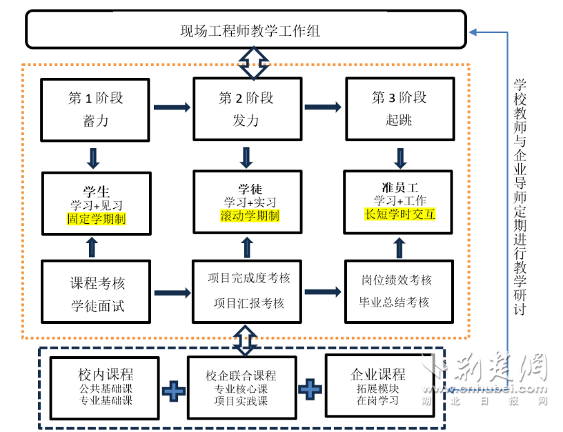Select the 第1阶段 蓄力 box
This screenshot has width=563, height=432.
[x=95, y=109]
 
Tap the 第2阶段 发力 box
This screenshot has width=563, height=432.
[x=246, y=109]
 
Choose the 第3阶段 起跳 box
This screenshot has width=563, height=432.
[x=399, y=109]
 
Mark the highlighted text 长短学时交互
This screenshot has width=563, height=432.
[x=400, y=214]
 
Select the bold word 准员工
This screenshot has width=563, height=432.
[x=400, y=187]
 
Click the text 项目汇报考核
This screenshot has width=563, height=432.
[x=249, y=304]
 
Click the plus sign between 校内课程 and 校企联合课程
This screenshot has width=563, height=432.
[x=173, y=391]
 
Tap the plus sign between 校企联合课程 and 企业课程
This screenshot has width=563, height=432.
[x=310, y=389]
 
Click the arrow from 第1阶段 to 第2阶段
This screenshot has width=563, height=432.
[x=172, y=107]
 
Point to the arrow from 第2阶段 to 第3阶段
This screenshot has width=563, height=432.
[x=323, y=107]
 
